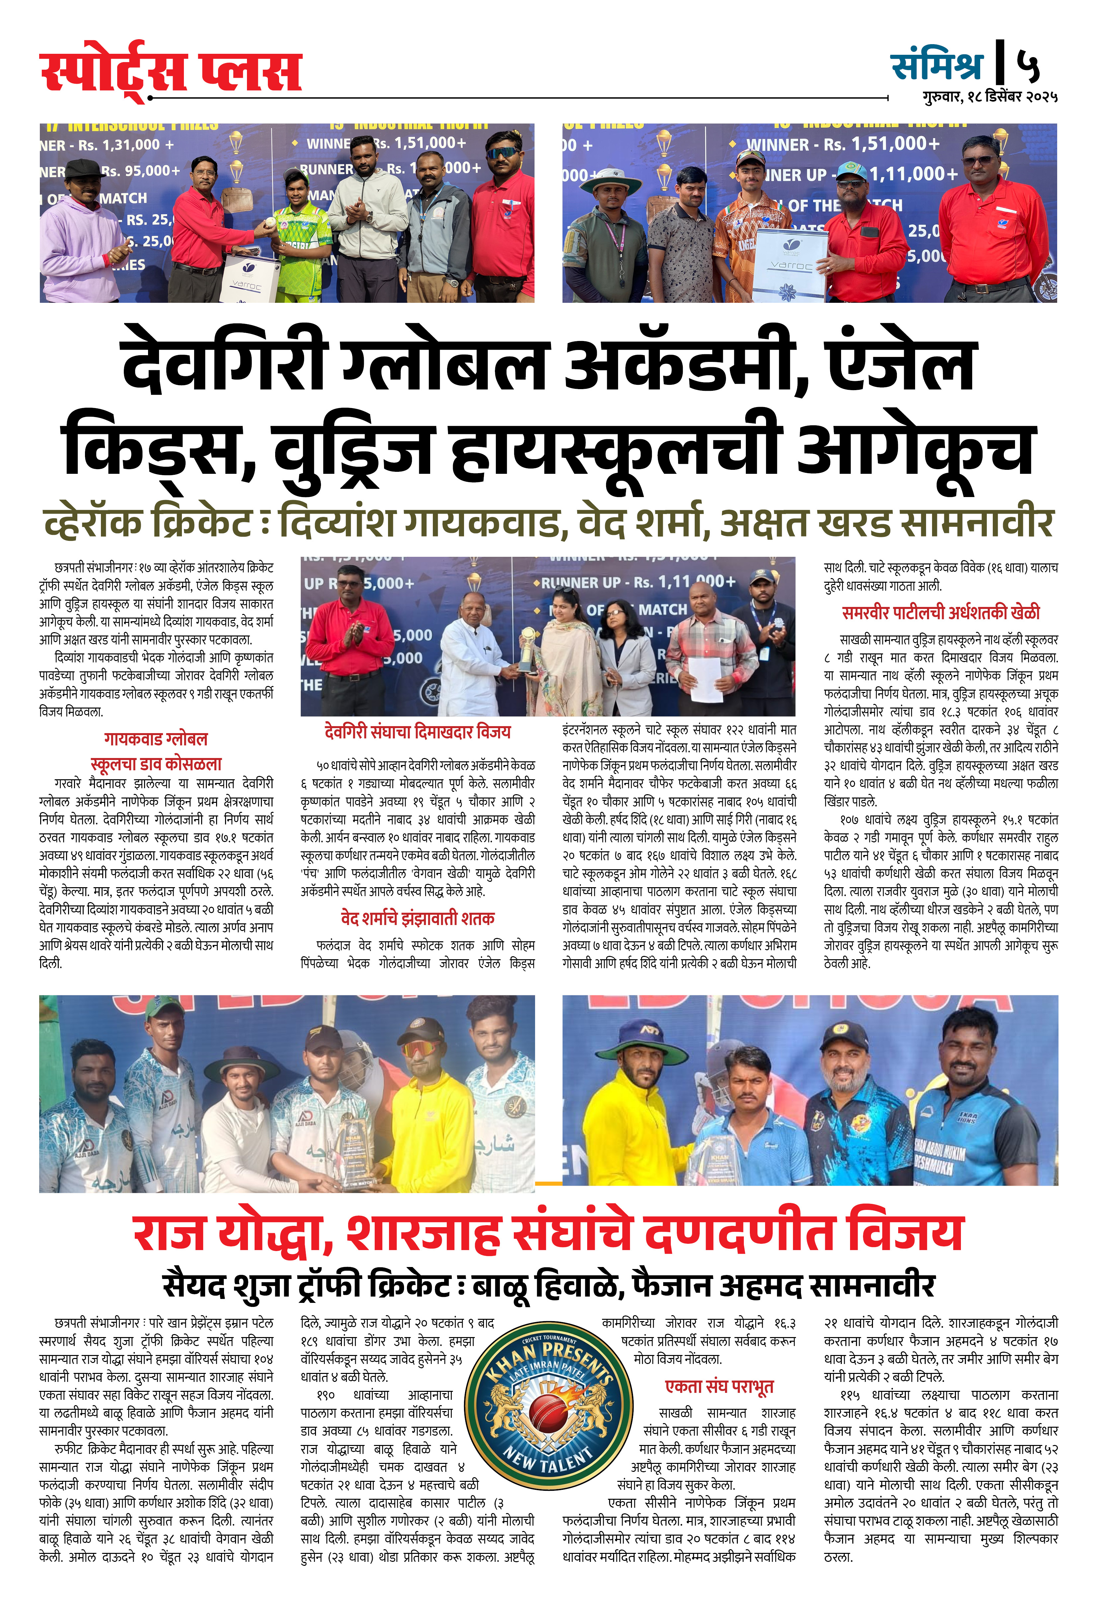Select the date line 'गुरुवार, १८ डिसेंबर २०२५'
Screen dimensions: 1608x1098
[989, 97]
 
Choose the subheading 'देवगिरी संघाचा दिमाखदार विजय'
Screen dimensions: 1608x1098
[417, 732]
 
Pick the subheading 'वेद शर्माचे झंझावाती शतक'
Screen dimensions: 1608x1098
[417, 919]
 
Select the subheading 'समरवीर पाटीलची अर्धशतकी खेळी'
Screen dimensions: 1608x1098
[940, 613]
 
